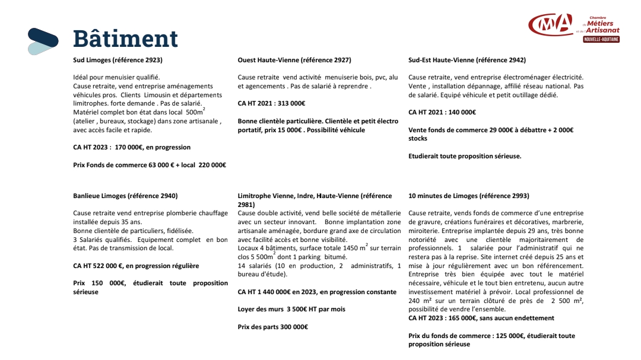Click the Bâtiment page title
pyautogui.click(x=125, y=39)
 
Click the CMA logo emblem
pyautogui.click(x=550, y=26)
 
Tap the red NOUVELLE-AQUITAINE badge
pyautogui.click(x=601, y=39)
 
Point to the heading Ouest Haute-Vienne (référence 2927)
pyautogui.click(x=294, y=60)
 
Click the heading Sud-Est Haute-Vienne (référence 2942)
pyautogui.click(x=467, y=60)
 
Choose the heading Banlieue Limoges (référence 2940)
pyautogui.click(x=125, y=196)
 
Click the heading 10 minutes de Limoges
pyautogui.click(x=469, y=196)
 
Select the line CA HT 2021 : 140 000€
pyautogui.click(x=442, y=112)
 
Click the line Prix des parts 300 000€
pyautogui.click(x=272, y=327)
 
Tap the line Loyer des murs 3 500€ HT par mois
pyautogui.click(x=291, y=309)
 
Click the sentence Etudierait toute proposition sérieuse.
pyautogui.click(x=465, y=156)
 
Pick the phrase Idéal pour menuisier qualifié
pyautogui.click(x=116, y=77)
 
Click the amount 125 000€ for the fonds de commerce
pyautogui.click(x=504, y=336)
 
